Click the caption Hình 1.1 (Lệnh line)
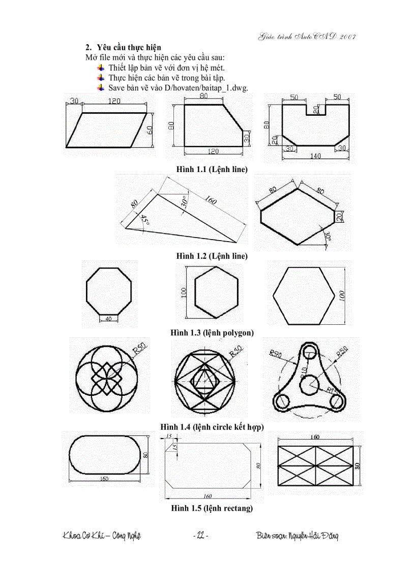212,169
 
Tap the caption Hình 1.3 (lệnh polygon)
212,333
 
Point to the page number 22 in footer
200,536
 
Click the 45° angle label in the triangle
144,220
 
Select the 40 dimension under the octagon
108,318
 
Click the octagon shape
109,290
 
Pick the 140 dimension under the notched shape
315,156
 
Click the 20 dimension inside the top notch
315,109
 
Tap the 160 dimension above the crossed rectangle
315,437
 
